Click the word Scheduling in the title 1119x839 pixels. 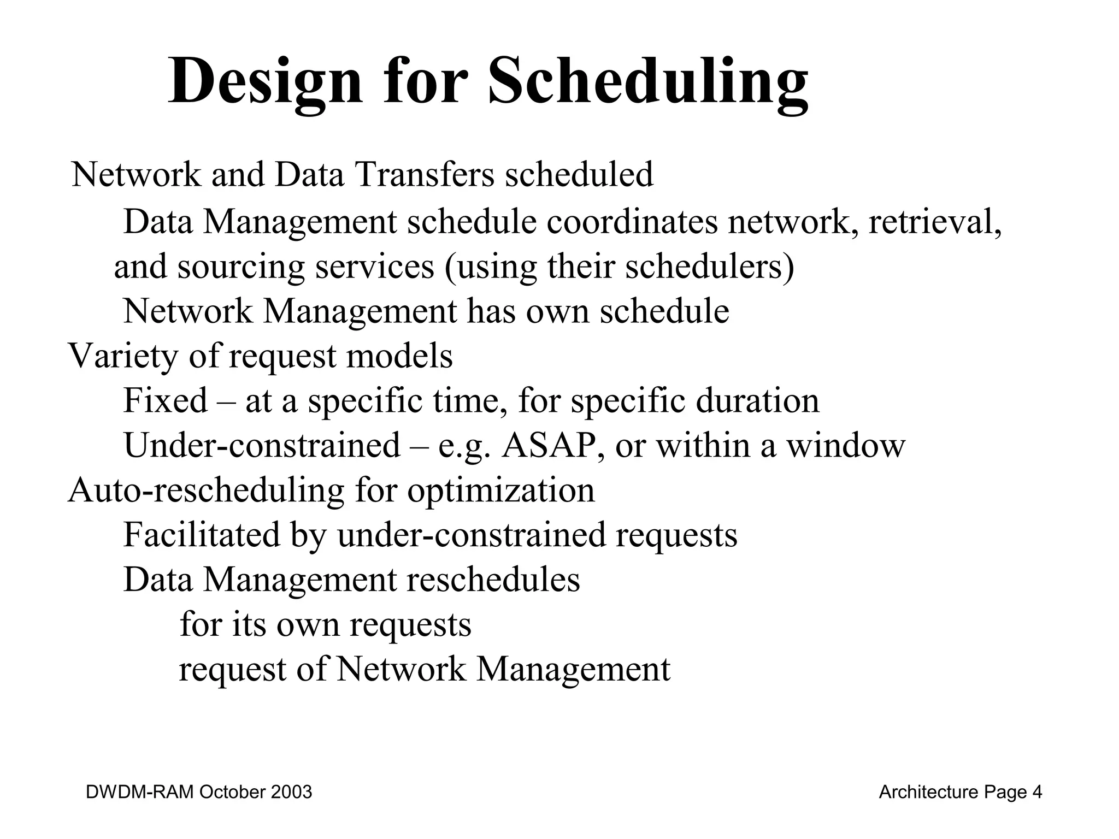pyautogui.click(x=648, y=82)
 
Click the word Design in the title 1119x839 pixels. pyautogui.click(x=265, y=82)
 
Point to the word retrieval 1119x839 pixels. pyautogui.click(x=934, y=222)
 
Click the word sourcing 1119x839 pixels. pyautogui.click(x=241, y=268)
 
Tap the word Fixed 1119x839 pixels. pyautogui.click(x=165, y=400)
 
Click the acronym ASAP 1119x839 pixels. pyautogui.click(x=548, y=445)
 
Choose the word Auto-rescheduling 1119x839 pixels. pyautogui.click(x=206, y=490)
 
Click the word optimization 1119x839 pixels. pyautogui.click(x=500, y=490)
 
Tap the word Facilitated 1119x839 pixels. pyautogui.click(x=201, y=535)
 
